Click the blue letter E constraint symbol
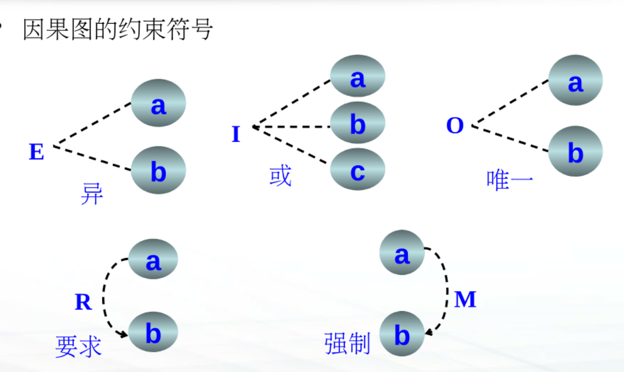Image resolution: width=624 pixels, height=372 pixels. (36, 152)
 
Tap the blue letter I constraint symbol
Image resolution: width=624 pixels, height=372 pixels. (236, 135)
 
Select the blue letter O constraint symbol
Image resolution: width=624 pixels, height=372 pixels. (455, 126)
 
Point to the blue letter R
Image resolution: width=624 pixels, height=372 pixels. (83, 302)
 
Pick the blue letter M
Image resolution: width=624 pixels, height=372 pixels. (465, 300)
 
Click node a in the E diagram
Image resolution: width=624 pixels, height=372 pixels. (158, 103)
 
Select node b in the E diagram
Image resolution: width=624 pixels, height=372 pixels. (158, 170)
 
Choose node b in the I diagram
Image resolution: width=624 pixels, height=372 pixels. (357, 123)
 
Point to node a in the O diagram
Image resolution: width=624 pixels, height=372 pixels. (575, 81)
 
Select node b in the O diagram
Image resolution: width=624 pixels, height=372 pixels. (575, 151)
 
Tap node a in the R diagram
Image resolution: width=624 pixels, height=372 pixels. (153, 259)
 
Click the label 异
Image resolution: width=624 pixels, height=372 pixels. (92, 194)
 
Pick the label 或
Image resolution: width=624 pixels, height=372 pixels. (280, 176)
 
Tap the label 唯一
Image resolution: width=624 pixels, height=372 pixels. (510, 181)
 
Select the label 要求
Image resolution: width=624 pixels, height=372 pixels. (78, 346)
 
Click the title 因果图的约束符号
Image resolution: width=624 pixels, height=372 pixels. (118, 29)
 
